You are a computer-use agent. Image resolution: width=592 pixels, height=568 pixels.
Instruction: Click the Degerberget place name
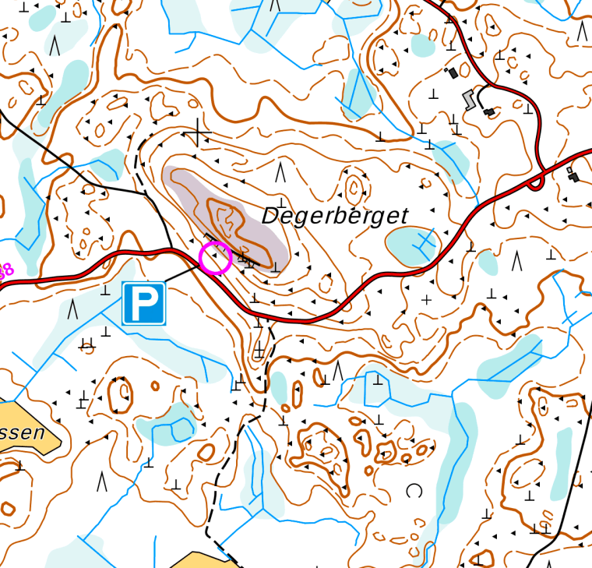pos(335,216)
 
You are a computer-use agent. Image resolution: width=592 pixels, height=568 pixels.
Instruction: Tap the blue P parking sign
pos(143,303)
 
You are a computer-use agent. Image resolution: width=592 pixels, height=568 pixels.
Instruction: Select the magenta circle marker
pos(215,258)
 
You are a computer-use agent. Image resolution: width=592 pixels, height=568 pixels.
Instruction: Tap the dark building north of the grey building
pos(451,72)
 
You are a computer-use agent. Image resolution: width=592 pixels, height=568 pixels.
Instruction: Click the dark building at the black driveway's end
pos(488,112)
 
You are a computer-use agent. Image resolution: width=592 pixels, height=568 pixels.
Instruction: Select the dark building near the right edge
pos(574,174)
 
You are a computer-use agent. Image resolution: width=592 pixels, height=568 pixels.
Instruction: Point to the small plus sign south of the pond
pos(426,299)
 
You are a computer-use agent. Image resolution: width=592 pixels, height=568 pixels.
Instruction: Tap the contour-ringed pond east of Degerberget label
pos(412,245)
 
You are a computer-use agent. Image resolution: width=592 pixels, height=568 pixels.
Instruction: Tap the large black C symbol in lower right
pos(413,490)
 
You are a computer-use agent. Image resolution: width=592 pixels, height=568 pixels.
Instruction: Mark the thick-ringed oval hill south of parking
pos(120,396)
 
